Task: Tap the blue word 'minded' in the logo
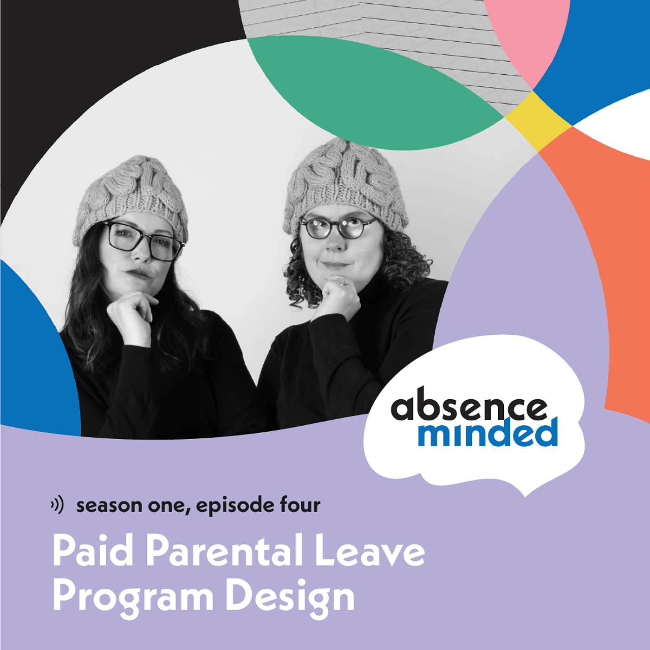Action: pyautogui.click(x=487, y=433)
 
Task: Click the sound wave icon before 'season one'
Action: pyautogui.click(x=58, y=505)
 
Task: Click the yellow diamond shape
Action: pyautogui.click(x=539, y=121)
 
